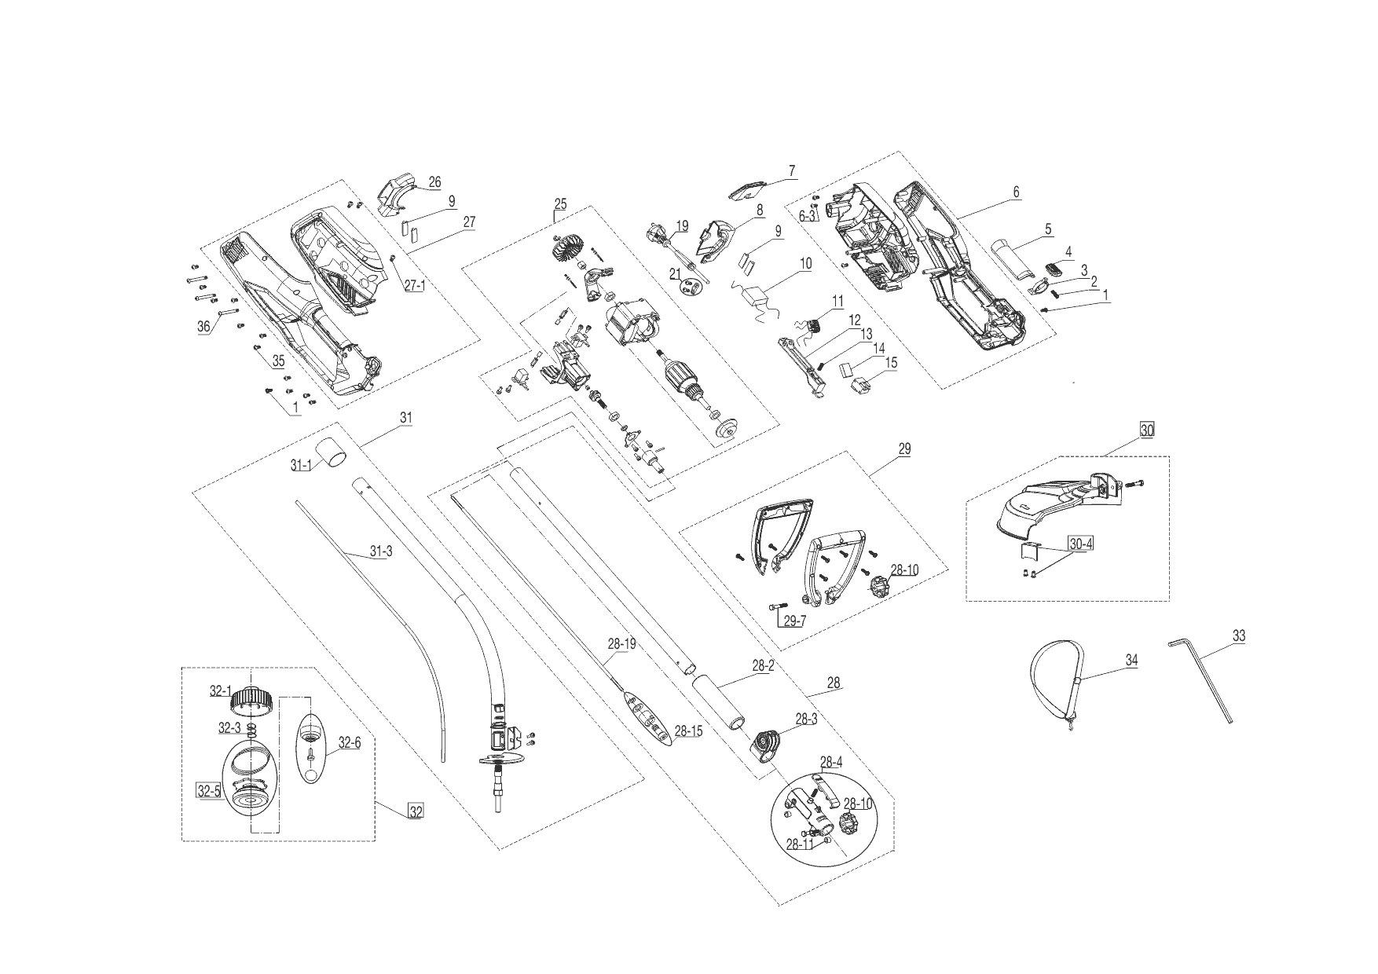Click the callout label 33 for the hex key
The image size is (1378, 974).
(x=1238, y=636)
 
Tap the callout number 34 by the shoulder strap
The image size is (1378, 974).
(x=1131, y=661)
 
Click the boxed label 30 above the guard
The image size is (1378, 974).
(x=1147, y=430)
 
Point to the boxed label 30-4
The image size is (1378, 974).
(x=1080, y=543)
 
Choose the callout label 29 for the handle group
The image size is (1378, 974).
(x=904, y=449)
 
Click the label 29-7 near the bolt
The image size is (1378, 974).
(x=793, y=621)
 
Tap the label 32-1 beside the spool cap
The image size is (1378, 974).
(x=220, y=691)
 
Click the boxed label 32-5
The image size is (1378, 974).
(x=208, y=791)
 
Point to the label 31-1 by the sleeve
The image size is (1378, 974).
(x=301, y=465)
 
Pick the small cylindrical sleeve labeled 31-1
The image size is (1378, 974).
(x=334, y=454)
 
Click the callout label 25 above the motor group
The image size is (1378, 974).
(x=559, y=205)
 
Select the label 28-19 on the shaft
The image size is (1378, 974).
(x=621, y=643)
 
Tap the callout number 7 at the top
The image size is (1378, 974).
(x=792, y=170)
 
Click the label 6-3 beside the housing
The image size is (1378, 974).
(x=808, y=214)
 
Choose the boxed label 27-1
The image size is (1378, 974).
(x=414, y=286)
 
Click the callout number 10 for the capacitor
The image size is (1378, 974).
(x=806, y=264)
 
